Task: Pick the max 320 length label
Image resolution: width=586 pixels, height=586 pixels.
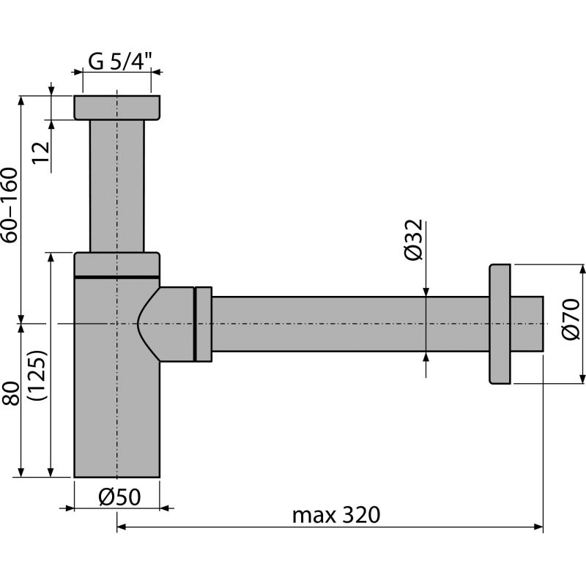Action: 336,515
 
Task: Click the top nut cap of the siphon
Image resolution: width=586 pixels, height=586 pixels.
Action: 116,108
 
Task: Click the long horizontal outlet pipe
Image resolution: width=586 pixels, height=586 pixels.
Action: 344,324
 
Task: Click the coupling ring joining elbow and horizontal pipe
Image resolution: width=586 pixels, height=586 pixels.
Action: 203,323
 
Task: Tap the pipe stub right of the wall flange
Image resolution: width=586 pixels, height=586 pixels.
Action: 527,324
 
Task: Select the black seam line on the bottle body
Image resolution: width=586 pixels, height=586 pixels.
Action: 116,277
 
